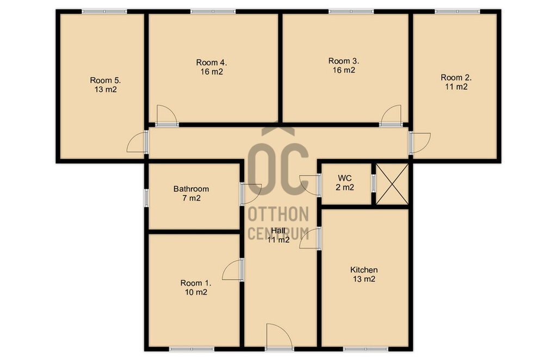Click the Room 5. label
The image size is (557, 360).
tap(106, 80)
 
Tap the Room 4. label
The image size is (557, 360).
tap(212, 63)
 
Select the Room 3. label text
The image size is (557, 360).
tap(344, 61)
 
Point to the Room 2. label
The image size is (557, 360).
tap(456, 77)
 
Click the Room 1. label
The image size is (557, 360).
tap(196, 283)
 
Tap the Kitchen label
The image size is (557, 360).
tap(364, 270)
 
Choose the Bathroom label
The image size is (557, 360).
tap(191, 189)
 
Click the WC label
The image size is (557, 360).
tap(344, 178)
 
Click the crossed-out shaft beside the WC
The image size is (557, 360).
tap(392, 184)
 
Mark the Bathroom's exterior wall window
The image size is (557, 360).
tap(146, 198)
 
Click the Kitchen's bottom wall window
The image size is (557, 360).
tap(366, 349)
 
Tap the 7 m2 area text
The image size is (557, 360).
tap(191, 198)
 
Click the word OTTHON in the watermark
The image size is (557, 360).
tap(278, 214)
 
